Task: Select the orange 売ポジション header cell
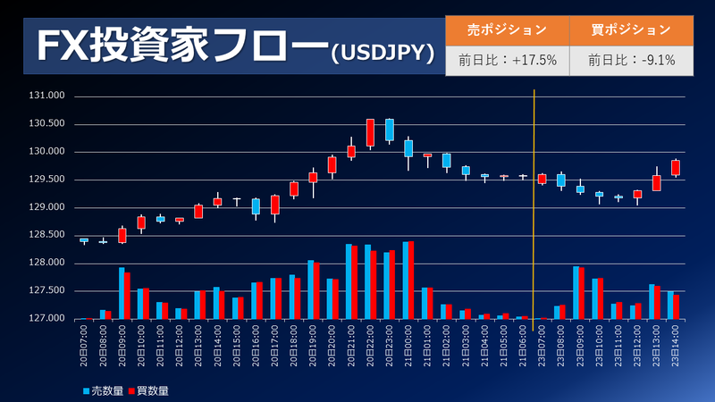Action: pyautogui.click(x=507, y=29)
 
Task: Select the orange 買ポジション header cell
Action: pyautogui.click(x=631, y=29)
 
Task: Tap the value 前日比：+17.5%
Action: pyautogui.click(x=507, y=61)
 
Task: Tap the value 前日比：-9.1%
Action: pyautogui.click(x=631, y=61)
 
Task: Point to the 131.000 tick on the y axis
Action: pyautogui.click(x=47, y=96)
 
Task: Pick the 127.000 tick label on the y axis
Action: pyautogui.click(x=47, y=319)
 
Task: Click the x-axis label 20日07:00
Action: pyautogui.click(x=84, y=344)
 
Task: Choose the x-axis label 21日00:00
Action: pyautogui.click(x=408, y=344)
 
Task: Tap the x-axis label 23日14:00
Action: pyautogui.click(x=676, y=344)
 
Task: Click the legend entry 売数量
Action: pyautogui.click(x=108, y=390)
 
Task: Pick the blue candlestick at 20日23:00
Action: pyautogui.click(x=390, y=130)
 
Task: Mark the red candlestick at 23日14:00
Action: pyautogui.click(x=676, y=168)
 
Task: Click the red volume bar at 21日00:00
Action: pyautogui.click(x=412, y=281)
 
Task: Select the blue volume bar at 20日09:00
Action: pyautogui.click(x=122, y=293)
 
